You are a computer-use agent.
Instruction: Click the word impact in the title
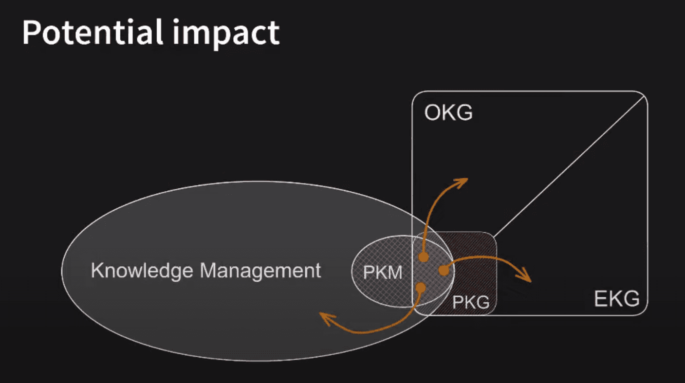tap(226, 34)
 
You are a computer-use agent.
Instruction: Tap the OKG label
tap(448, 112)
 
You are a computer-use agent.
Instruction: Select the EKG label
tap(616, 298)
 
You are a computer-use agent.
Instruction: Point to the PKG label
tap(471, 302)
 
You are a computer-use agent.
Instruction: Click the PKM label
tap(383, 273)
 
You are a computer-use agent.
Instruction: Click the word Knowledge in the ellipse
tap(142, 271)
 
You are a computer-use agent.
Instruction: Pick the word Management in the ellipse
tap(260, 270)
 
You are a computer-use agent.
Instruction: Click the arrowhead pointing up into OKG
tap(461, 182)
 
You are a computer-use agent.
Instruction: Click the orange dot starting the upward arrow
tap(424, 257)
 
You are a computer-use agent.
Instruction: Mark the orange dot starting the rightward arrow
tap(444, 270)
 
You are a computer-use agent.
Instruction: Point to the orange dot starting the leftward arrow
tap(421, 287)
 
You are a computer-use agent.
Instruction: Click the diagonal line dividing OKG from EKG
tap(570, 167)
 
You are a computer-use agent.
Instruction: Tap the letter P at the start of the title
tap(31, 33)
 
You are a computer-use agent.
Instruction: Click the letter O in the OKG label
tap(432, 112)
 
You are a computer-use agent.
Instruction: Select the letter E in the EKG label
tap(600, 298)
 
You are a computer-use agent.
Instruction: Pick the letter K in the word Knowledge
tap(97, 270)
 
